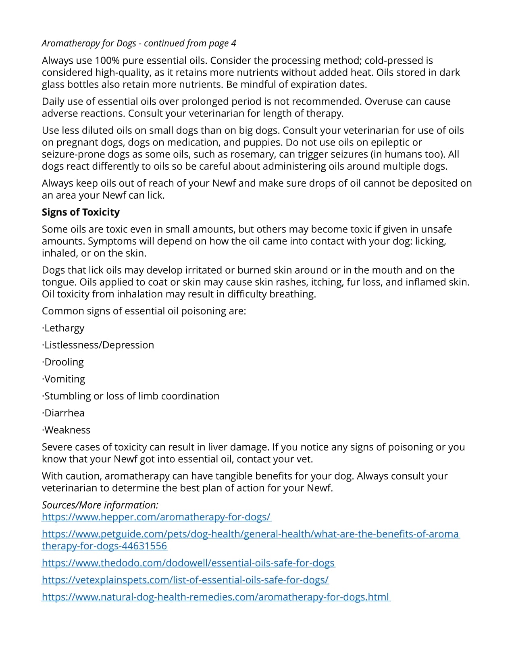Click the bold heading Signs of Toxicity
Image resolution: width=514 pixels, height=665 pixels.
(x=81, y=212)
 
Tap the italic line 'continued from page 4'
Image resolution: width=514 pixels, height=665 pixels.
(x=139, y=43)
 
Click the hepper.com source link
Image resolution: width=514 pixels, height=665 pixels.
(x=156, y=517)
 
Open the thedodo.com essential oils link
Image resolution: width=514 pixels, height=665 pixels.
(x=188, y=563)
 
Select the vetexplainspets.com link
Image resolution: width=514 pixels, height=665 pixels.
(x=185, y=580)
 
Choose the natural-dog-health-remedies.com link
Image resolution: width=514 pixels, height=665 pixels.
(x=216, y=597)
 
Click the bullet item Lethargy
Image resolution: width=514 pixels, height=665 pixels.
(x=64, y=328)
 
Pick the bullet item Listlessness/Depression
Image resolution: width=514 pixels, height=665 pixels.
(x=98, y=345)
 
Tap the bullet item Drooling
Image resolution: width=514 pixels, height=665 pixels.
(x=63, y=362)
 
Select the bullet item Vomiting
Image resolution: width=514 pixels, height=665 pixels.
(x=64, y=379)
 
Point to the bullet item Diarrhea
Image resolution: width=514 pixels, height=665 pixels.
(x=64, y=413)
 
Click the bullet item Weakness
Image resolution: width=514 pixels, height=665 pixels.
(x=67, y=430)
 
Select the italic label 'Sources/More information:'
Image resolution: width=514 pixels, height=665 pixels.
(x=100, y=505)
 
